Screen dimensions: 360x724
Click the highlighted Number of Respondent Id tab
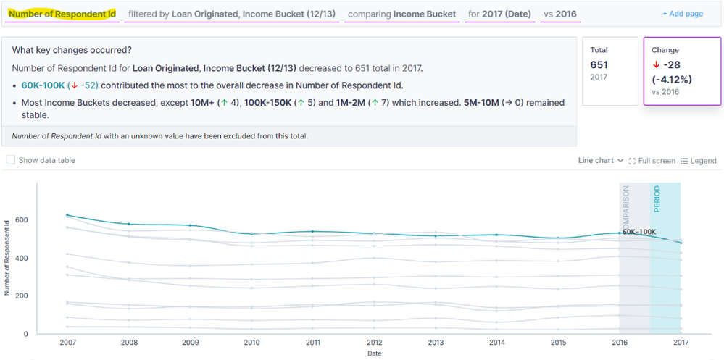pos(62,14)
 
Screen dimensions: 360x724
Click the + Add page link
pos(683,14)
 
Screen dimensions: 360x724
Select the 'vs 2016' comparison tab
pos(559,14)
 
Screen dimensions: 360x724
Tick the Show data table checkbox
pos(10,160)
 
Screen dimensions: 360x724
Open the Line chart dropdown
pos(600,160)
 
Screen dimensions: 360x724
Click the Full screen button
pos(652,160)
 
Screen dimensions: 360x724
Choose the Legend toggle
pos(699,160)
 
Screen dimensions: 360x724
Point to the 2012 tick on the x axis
pos(374,341)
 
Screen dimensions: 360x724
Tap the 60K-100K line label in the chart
pos(639,232)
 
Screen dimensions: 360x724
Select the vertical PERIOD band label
pos(657,199)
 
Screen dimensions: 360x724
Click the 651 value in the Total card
pos(599,64)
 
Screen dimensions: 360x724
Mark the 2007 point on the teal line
pos(67,215)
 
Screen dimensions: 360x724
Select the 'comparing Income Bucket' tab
pos(401,14)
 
